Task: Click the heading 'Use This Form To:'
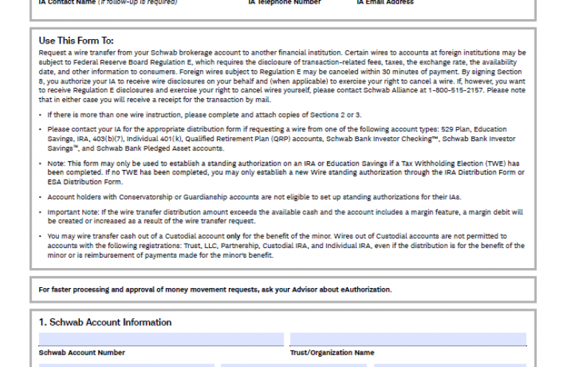coord(76,41)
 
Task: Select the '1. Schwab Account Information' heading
coord(105,323)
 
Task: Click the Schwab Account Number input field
coord(161,339)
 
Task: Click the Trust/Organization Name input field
coord(408,339)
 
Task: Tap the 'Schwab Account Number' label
coord(82,353)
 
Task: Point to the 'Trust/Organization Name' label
coord(331,353)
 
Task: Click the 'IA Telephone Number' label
coord(284,2)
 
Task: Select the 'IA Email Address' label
coord(385,2)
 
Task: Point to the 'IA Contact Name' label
coord(67,2)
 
